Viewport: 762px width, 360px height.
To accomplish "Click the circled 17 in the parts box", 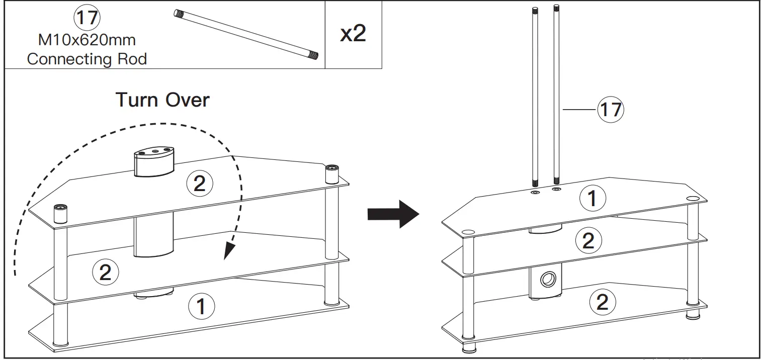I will pos(87,18).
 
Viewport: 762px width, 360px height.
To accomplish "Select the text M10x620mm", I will pos(87,39).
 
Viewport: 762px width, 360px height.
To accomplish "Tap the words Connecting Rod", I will pos(87,59).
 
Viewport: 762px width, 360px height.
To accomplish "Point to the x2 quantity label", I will pos(353,34).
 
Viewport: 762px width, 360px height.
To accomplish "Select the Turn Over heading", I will pos(162,100).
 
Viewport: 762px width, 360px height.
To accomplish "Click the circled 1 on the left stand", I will pos(201,306).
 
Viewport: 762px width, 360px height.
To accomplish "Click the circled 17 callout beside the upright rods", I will pos(611,109).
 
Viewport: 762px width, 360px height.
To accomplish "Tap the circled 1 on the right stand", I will pos(592,199).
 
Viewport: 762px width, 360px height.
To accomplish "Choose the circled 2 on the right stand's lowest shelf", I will pos(602,302).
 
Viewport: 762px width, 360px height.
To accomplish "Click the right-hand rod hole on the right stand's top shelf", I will pos(556,190).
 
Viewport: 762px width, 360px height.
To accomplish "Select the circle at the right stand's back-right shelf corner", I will pos(692,198).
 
